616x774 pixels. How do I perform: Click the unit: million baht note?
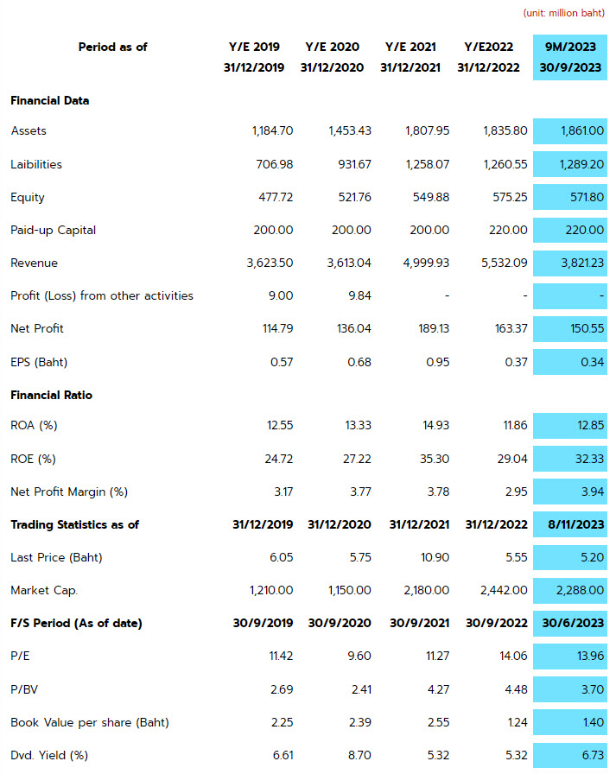click(x=563, y=13)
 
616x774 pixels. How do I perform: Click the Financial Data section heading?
click(x=50, y=101)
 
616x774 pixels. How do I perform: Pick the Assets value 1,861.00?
click(x=582, y=130)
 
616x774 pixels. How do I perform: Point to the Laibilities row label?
click(x=36, y=164)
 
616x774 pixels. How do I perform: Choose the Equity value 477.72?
click(x=276, y=198)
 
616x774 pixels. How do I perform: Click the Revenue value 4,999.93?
click(x=426, y=263)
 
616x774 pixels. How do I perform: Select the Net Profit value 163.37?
click(x=511, y=329)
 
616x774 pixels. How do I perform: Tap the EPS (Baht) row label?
click(x=39, y=362)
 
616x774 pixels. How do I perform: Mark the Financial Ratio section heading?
click(x=51, y=396)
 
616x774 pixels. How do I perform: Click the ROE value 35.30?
click(x=435, y=459)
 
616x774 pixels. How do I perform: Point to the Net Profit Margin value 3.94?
click(x=593, y=492)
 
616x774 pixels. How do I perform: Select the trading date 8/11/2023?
click(x=576, y=524)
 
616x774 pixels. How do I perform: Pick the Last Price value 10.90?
click(x=435, y=558)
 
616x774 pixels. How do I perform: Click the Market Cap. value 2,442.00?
click(x=504, y=590)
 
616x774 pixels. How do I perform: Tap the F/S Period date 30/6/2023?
click(x=573, y=624)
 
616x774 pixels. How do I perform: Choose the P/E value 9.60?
click(x=359, y=656)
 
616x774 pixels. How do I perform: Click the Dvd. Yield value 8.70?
click(x=359, y=755)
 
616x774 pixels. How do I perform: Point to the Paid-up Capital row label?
click(x=54, y=231)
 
